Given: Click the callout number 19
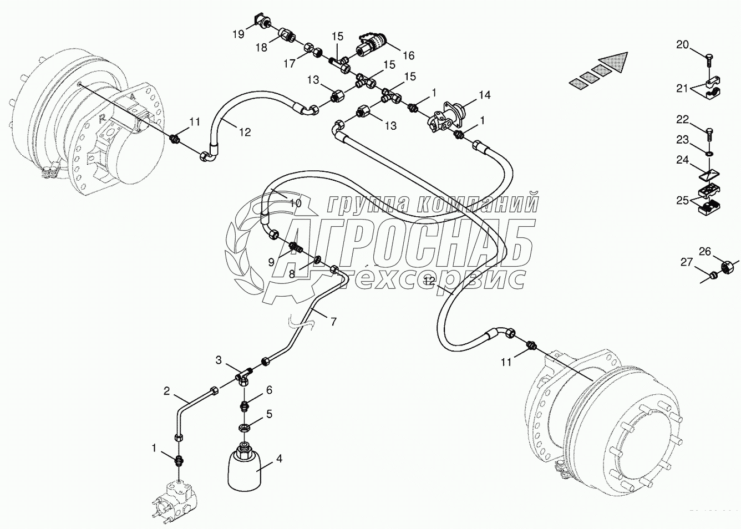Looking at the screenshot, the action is tap(238, 34).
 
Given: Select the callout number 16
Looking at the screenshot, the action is tap(408, 55).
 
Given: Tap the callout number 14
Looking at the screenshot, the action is tap(484, 95).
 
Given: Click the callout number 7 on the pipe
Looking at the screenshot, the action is tap(333, 321).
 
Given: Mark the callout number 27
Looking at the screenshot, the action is tap(687, 262).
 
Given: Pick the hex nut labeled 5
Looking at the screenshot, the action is tap(243, 428).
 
